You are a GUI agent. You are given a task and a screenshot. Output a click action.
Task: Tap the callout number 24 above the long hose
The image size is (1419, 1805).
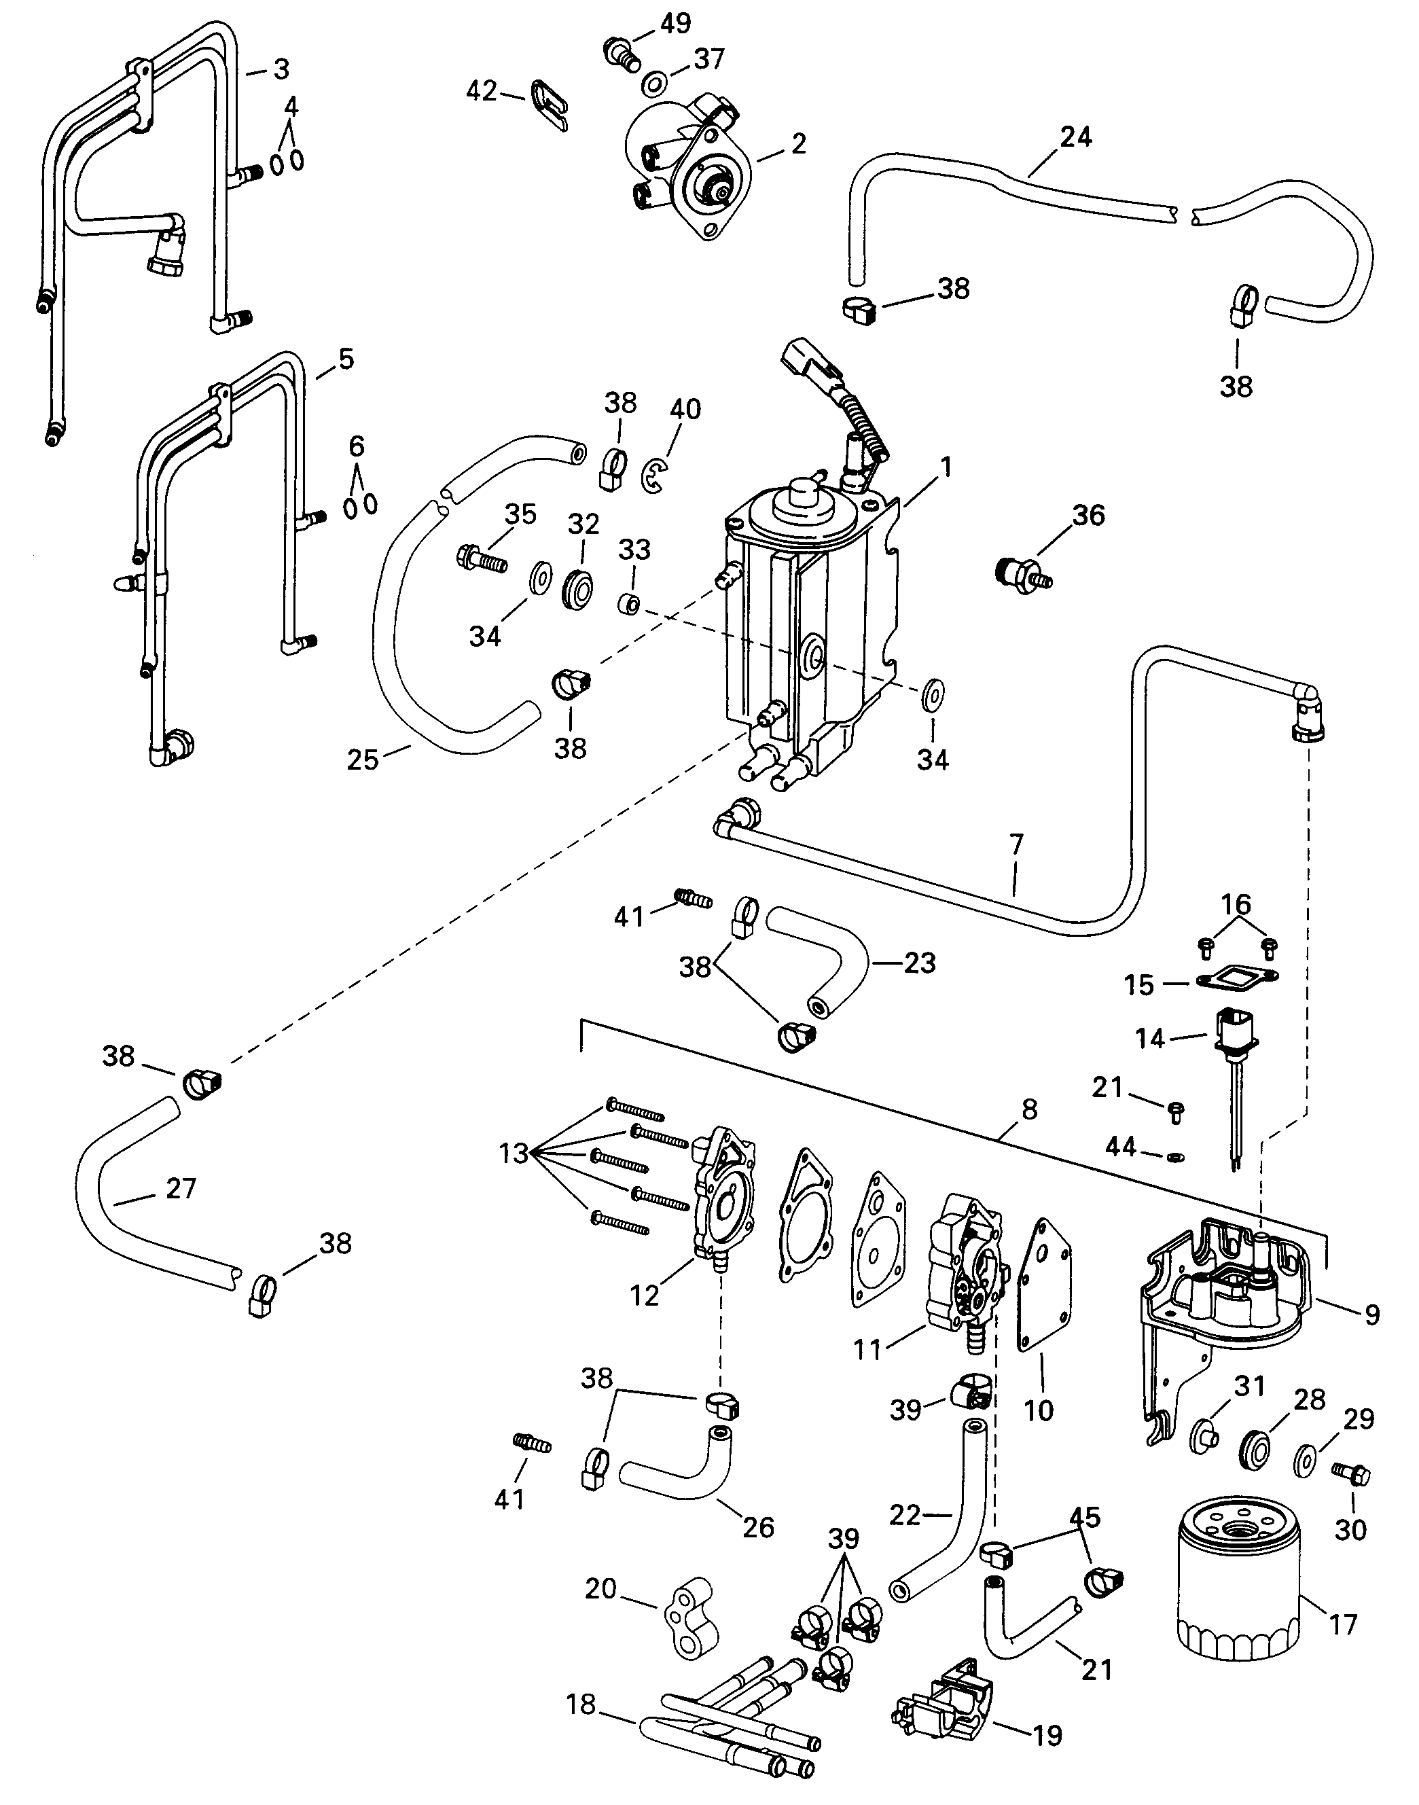(1076, 137)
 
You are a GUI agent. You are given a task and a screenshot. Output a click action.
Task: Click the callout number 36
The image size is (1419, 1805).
(1088, 515)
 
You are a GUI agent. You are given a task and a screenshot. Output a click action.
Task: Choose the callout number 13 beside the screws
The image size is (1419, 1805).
(514, 1153)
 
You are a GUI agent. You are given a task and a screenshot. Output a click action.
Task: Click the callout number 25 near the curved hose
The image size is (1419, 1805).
(362, 759)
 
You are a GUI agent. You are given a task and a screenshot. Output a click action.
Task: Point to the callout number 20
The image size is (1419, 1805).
(600, 1588)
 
